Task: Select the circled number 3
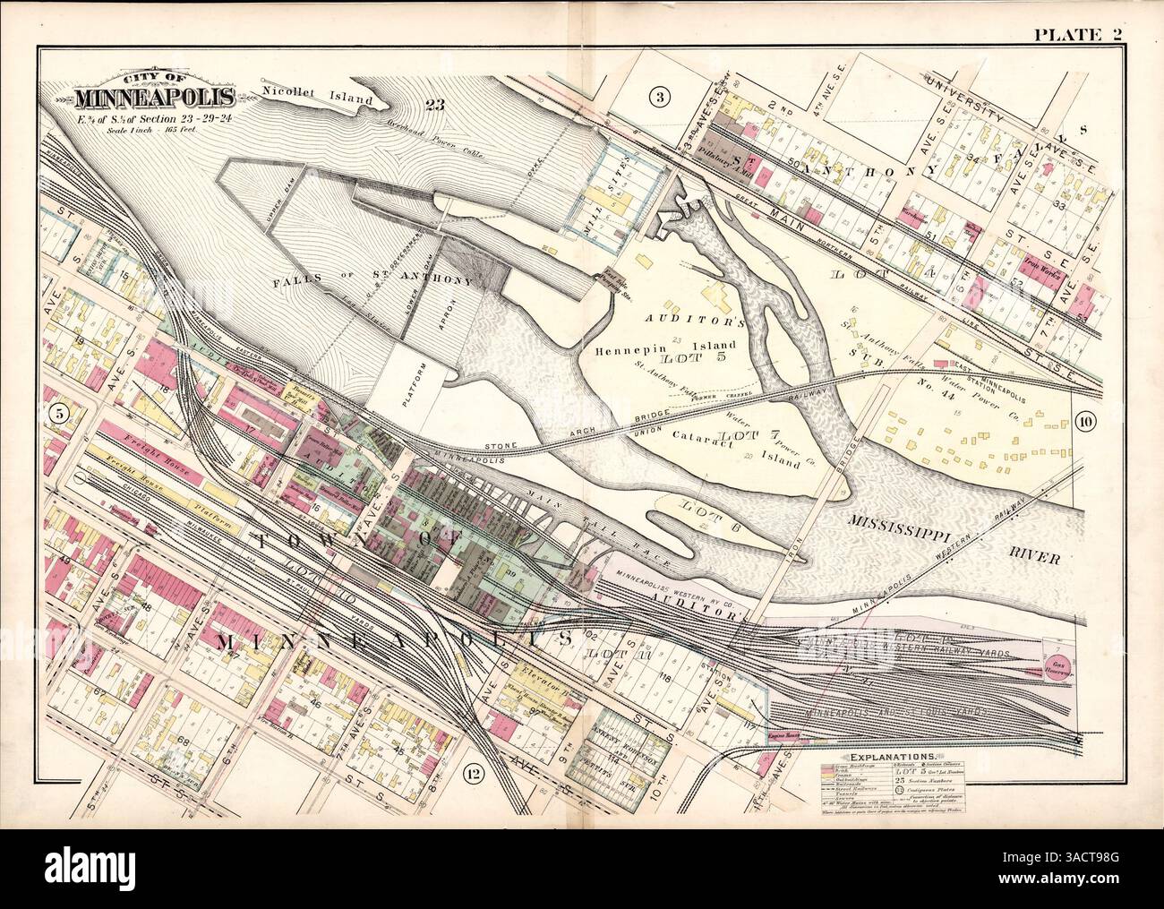point(658,98)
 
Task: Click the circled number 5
point(58,413)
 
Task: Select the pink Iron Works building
point(1041,274)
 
